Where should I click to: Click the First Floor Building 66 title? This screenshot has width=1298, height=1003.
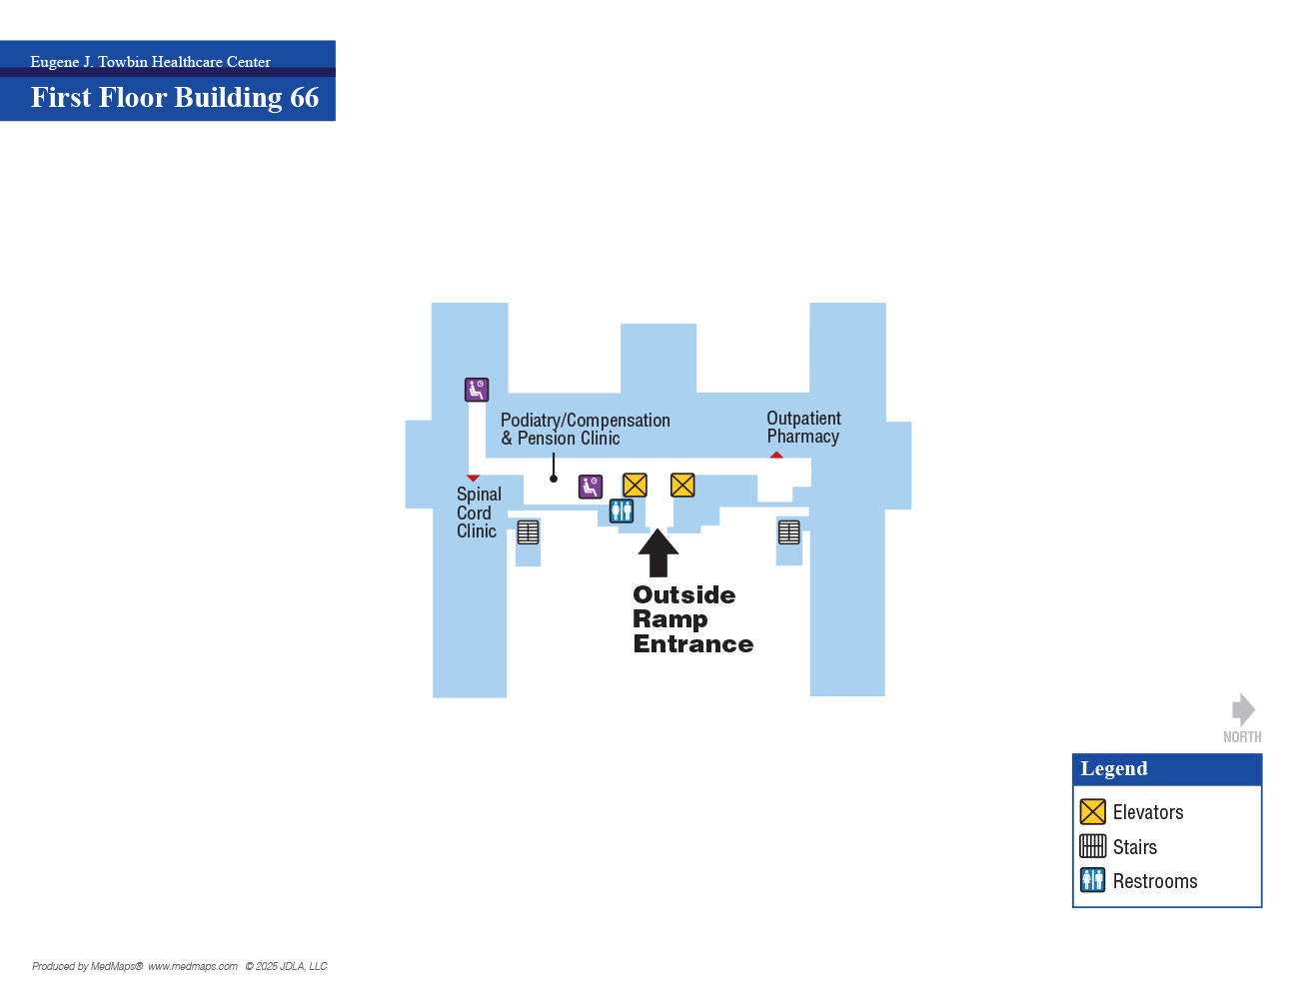coord(175,97)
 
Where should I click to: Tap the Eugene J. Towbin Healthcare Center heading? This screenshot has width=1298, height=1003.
coord(151,62)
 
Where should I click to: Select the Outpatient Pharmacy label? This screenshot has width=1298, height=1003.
coord(803,428)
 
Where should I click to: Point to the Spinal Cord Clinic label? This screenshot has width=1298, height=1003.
coord(479,512)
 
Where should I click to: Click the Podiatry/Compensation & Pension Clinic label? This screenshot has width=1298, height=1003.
coord(585,430)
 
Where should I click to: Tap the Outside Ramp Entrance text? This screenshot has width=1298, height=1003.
coord(692,619)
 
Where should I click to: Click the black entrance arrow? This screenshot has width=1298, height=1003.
coord(658,552)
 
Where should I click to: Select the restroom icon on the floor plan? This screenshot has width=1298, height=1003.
coord(622,511)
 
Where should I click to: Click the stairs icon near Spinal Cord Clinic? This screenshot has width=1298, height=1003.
coord(528,532)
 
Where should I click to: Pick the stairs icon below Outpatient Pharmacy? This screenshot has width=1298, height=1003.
coord(789,531)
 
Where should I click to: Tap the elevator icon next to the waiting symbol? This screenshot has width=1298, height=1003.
coord(635,486)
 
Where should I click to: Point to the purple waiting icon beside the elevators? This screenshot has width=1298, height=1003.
coord(591,487)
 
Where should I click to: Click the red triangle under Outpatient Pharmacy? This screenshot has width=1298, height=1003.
coord(776,455)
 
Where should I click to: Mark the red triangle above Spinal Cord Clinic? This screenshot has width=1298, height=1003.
coord(473,478)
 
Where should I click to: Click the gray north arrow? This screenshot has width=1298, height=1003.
coord(1243,710)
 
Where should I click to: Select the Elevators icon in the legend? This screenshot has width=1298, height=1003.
coord(1092,812)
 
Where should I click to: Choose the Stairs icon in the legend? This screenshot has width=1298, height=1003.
coord(1092,846)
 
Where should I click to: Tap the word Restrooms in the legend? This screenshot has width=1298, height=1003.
coord(1155,881)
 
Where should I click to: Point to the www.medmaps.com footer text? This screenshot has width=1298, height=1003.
coord(192,966)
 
